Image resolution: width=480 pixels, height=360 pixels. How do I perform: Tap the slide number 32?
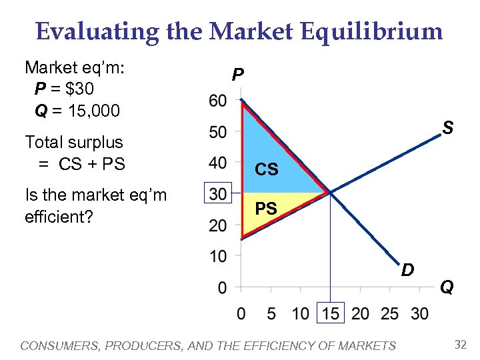pos(460,345)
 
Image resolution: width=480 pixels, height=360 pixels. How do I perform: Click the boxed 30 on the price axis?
pos(217,193)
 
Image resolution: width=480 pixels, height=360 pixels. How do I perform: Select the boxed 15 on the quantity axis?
pos(330,313)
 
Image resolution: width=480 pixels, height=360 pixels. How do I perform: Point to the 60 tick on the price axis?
pos(217,101)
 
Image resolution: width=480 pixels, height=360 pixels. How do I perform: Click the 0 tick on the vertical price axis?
pos(221,287)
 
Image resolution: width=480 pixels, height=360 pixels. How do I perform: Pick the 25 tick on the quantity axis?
pos(389,313)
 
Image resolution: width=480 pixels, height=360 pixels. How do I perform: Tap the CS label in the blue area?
pos(267,170)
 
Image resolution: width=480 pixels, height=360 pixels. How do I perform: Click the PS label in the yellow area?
pos(266,209)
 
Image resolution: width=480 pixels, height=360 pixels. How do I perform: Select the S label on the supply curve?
pos(448,127)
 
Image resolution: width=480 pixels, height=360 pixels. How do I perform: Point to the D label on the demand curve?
pos(408,270)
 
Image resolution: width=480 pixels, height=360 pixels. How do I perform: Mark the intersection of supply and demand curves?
pos(329,193)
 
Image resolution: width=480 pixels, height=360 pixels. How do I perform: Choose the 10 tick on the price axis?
pos(217,256)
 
